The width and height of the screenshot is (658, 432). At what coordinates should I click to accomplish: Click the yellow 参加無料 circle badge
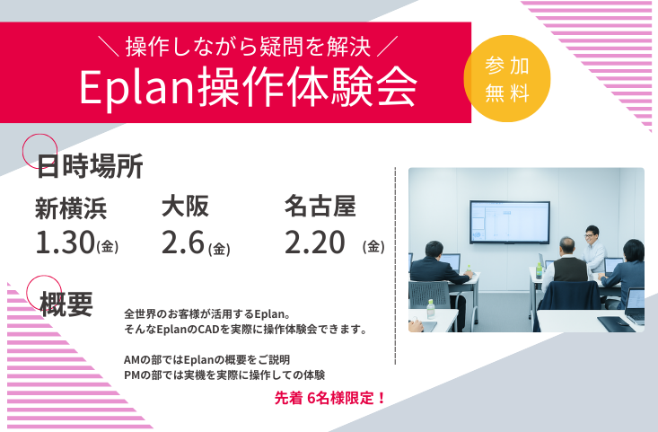pyautogui.click(x=506, y=78)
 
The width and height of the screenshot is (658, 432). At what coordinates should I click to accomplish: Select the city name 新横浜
pyautogui.click(x=71, y=208)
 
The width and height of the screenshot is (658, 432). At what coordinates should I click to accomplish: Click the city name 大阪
pyautogui.click(x=185, y=207)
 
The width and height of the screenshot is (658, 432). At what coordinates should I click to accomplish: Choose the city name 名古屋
pyautogui.click(x=320, y=207)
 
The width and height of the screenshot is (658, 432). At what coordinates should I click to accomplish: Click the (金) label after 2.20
pyautogui.click(x=374, y=245)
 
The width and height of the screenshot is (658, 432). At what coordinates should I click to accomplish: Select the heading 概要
pyautogui.click(x=66, y=304)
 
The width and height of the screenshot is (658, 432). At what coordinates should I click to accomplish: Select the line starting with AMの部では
pyautogui.click(x=206, y=359)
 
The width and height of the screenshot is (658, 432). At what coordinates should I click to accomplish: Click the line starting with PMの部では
pyautogui.click(x=224, y=375)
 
